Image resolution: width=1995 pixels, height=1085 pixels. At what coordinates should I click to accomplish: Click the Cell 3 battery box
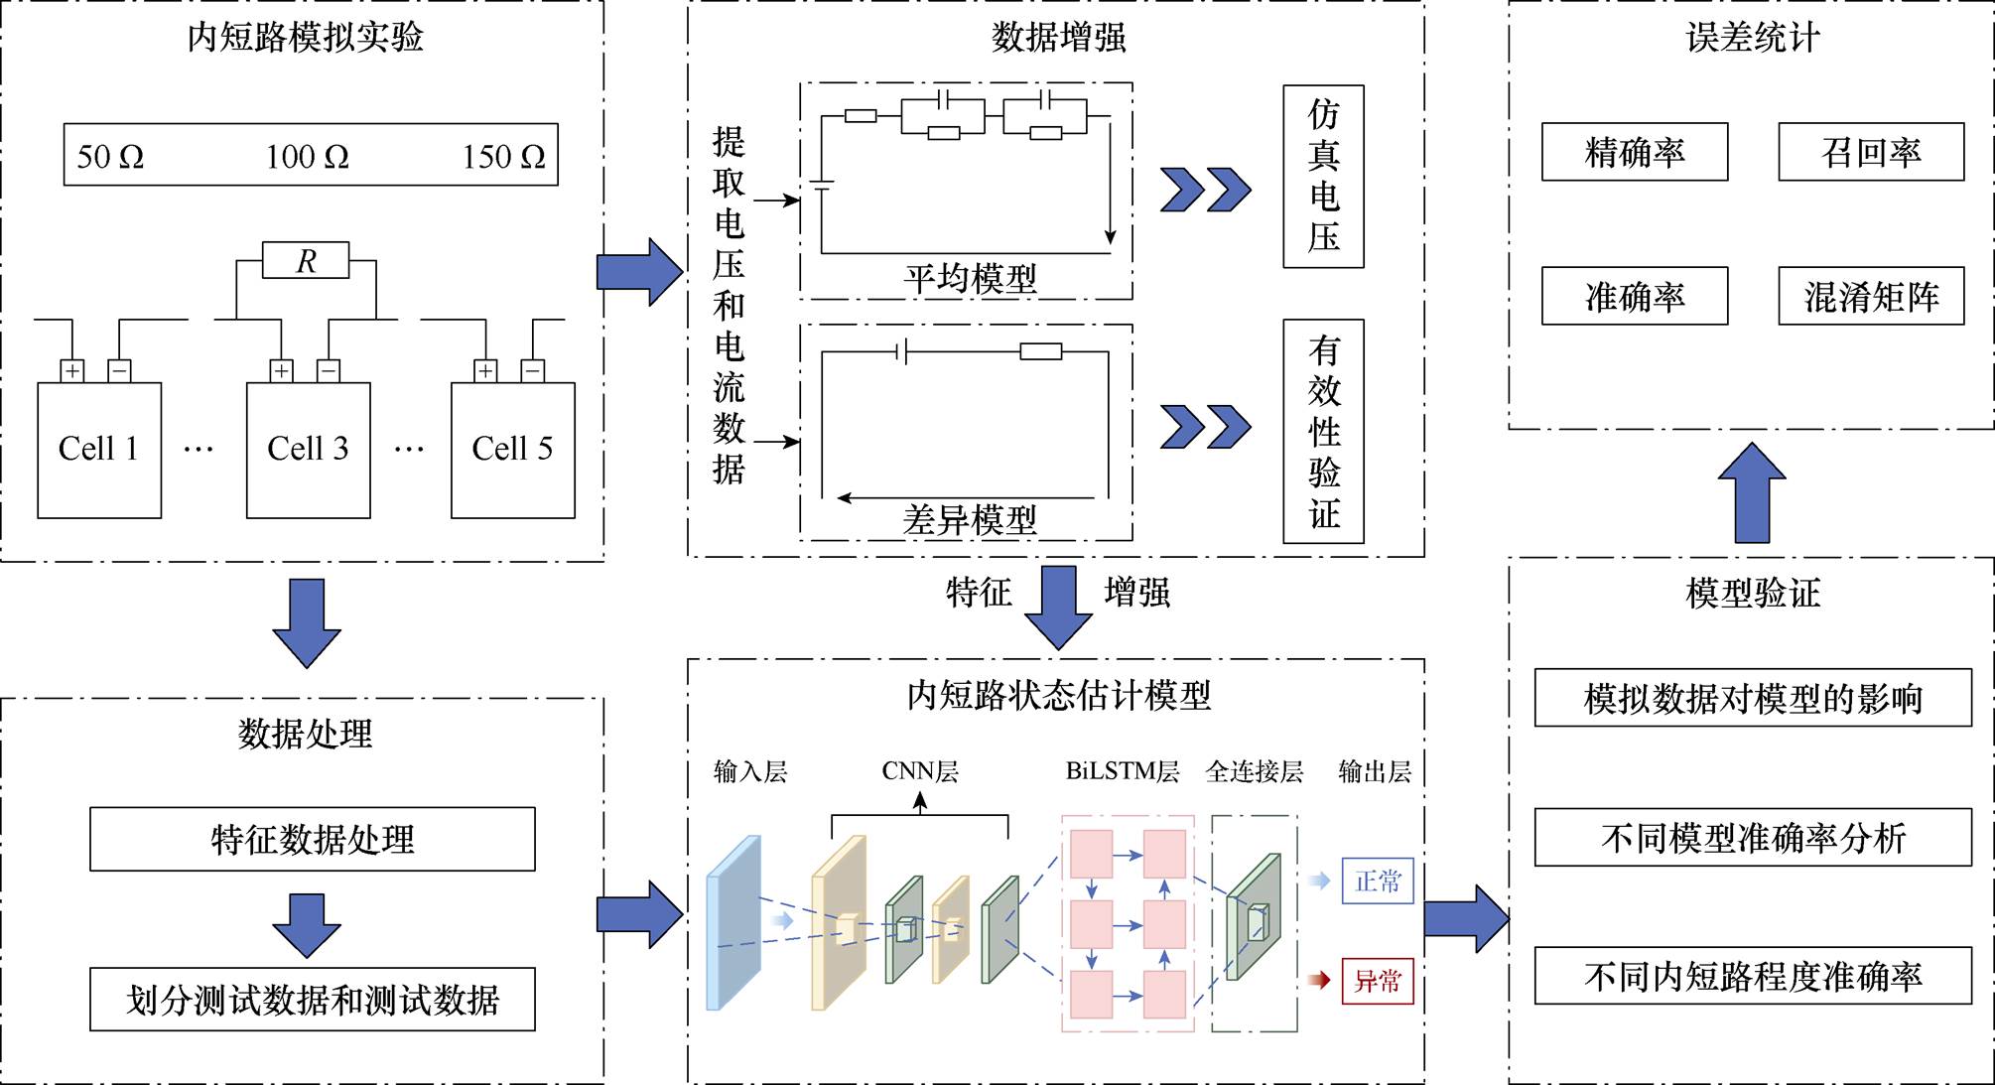point(308,451)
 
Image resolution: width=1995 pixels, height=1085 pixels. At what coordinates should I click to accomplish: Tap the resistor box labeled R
point(306,260)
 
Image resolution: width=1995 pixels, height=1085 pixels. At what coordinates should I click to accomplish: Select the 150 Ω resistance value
point(503,156)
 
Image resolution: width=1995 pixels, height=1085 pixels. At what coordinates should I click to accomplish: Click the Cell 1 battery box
point(99,451)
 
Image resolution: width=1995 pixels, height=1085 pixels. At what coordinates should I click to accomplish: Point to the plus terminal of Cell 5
point(485,371)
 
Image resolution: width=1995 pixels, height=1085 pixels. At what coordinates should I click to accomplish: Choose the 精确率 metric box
point(1635,152)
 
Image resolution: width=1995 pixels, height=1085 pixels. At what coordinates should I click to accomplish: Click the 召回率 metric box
point(1871,152)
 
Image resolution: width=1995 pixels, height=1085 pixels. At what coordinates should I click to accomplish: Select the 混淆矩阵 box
point(1871,296)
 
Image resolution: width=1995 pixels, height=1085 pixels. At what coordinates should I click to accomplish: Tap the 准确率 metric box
point(1635,296)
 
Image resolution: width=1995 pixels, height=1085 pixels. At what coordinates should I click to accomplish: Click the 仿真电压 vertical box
point(1323,177)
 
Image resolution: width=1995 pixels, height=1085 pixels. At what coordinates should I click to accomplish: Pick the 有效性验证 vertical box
point(1323,432)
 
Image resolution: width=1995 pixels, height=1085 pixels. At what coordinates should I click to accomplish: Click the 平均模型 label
point(970,278)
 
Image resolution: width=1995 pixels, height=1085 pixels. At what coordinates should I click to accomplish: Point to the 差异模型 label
point(970,519)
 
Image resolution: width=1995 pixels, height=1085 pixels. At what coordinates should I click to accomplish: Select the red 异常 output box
point(1378,981)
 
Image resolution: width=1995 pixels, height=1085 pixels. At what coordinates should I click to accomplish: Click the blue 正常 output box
point(1378,881)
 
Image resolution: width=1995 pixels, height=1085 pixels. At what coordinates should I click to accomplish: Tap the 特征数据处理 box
point(313,840)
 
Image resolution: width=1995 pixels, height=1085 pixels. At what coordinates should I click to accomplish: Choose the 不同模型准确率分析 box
point(1753,838)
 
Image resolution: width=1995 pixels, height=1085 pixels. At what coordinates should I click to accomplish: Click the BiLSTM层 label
point(1123,771)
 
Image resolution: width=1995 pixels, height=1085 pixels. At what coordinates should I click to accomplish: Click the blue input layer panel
point(733,923)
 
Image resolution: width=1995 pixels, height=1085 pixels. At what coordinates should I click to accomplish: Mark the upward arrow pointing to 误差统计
point(1752,492)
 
